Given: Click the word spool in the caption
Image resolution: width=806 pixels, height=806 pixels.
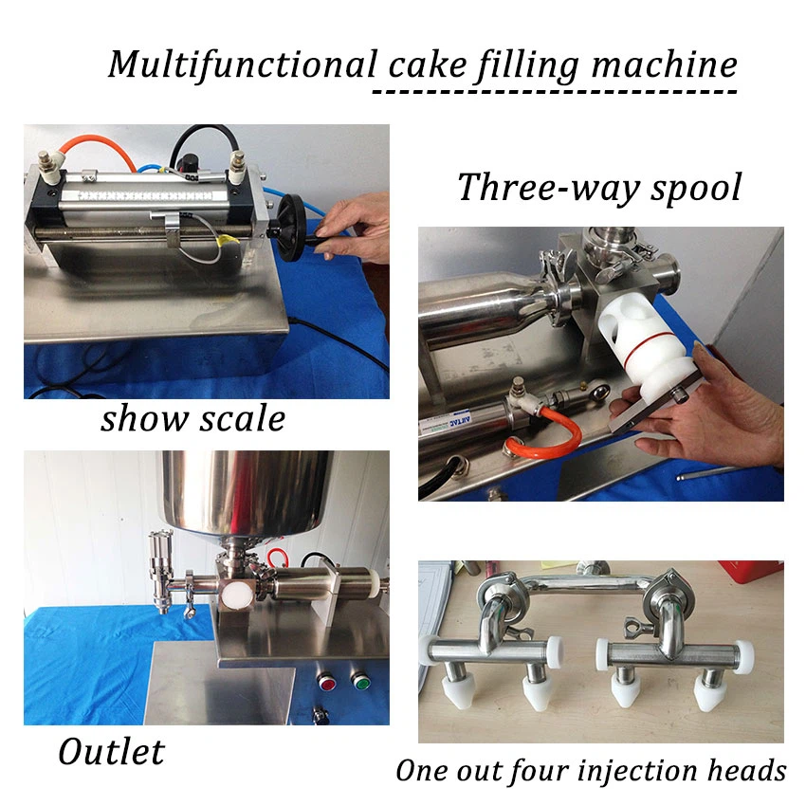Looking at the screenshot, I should point(696,188).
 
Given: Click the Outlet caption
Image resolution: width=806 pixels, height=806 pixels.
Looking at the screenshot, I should point(111,752).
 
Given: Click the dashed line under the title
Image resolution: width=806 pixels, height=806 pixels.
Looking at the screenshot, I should point(555,92).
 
